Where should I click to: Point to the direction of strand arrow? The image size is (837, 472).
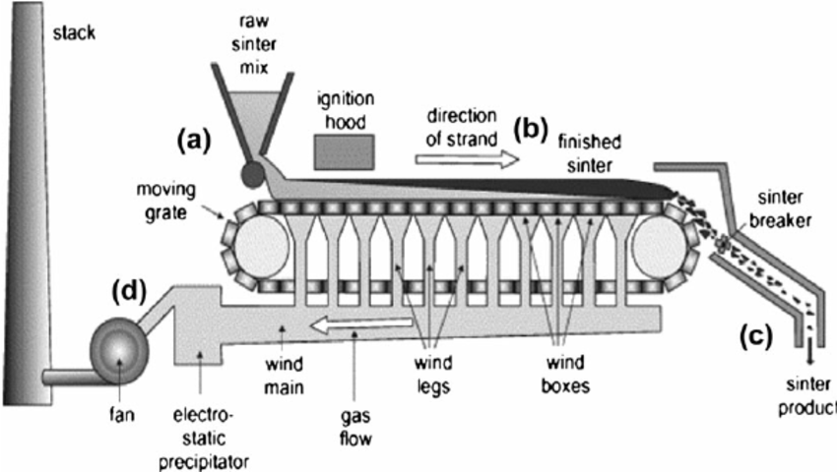[x=460, y=157]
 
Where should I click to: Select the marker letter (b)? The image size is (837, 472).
[x=532, y=129]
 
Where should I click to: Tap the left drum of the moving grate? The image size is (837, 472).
[x=262, y=248]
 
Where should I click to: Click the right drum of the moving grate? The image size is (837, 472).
[x=657, y=248]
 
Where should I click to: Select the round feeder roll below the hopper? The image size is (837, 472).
[x=251, y=174]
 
